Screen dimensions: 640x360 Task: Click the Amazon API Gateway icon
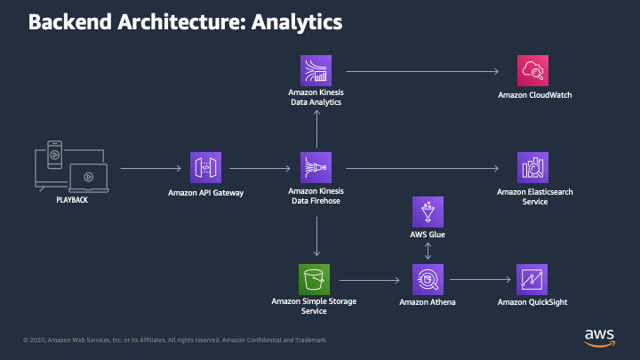[205, 167]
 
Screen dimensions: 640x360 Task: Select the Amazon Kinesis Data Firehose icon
[316, 167]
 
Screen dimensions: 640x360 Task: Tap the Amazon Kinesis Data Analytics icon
[316, 70]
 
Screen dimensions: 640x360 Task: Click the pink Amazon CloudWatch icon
[532, 70]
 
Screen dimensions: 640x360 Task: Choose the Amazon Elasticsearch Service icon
[532, 167]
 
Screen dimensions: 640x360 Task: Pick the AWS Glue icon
[428, 212]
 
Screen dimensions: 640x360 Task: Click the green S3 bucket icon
[314, 280]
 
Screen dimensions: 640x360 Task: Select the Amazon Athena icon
[428, 280]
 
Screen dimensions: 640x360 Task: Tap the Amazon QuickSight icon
[532, 280]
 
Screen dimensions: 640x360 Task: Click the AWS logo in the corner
[600, 338]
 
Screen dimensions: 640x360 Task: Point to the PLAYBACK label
[72, 200]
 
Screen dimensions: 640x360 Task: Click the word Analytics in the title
[297, 22]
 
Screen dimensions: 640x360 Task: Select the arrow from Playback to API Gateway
[150, 168]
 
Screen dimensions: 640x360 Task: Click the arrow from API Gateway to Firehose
[260, 168]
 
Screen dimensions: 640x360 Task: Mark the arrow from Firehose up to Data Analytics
[316, 129]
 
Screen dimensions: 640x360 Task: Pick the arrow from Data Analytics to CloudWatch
[422, 71]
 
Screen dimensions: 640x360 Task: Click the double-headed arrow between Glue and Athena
[428, 251]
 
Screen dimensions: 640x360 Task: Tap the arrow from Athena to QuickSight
[480, 280]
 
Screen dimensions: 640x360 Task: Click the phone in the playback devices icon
[55, 155]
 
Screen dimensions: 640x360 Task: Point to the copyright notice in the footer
[175, 340]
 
